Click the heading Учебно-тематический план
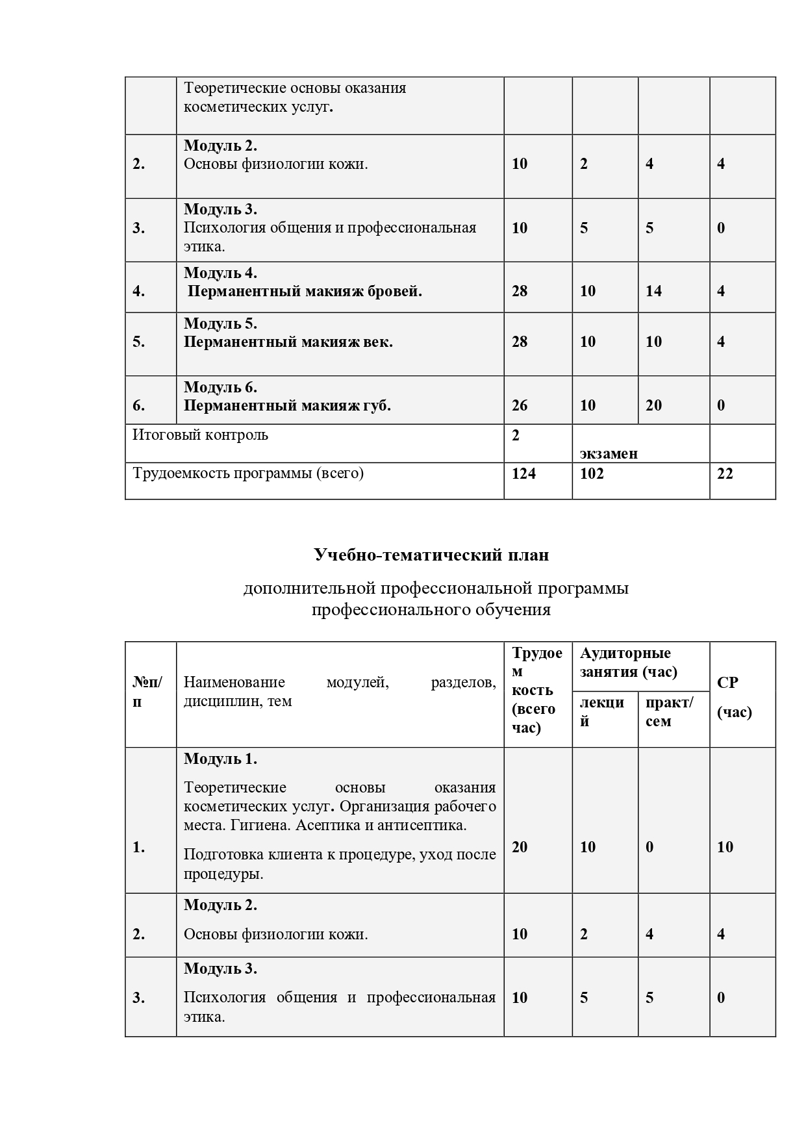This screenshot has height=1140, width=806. click(431, 555)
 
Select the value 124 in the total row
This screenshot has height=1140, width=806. click(523, 474)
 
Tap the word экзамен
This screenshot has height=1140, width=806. click(609, 453)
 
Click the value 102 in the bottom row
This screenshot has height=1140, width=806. click(592, 474)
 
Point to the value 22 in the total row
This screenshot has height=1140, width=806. click(725, 474)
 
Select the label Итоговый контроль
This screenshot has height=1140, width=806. click(200, 435)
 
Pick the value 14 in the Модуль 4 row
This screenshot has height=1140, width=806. click(653, 291)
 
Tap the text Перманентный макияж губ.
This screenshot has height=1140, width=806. click(287, 405)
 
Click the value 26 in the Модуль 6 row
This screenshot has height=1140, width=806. click(520, 405)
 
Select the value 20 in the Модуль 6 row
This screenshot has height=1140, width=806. click(653, 405)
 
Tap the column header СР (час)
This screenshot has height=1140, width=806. click(734, 697)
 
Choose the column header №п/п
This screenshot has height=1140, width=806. click(148, 692)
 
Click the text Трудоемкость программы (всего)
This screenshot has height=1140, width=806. click(248, 473)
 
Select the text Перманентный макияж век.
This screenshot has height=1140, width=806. click(288, 342)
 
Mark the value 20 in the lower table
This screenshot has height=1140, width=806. click(520, 846)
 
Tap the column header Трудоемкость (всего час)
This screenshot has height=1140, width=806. click(536, 690)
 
